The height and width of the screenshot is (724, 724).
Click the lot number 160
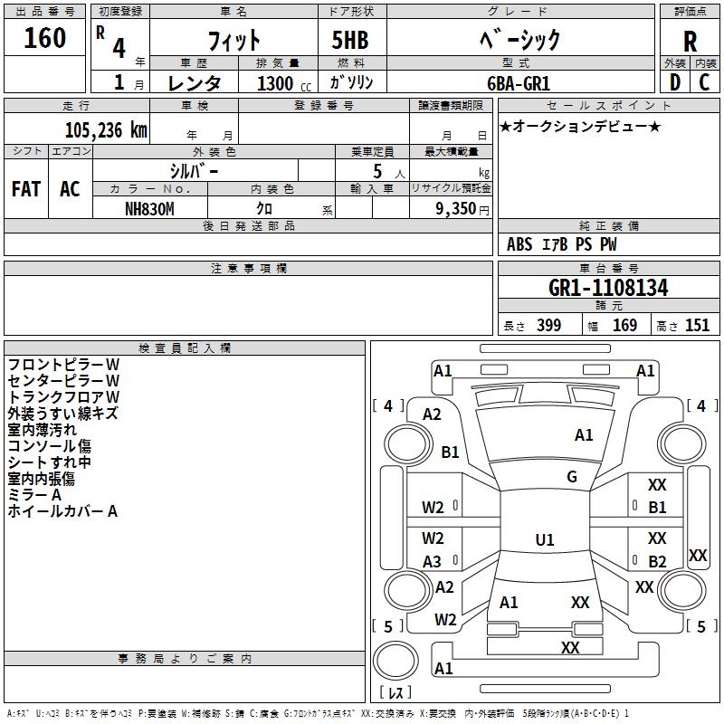(45, 38)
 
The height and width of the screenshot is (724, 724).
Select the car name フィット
(234, 39)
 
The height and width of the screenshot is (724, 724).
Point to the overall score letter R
(690, 41)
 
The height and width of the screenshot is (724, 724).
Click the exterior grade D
(674, 81)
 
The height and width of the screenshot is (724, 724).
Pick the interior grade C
(704, 81)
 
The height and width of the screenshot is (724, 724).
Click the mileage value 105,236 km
(105, 129)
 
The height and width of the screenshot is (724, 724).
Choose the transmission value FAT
(25, 189)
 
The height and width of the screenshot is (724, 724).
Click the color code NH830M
(150, 208)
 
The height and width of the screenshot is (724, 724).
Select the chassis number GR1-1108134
(608, 289)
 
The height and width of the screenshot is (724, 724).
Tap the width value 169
(624, 326)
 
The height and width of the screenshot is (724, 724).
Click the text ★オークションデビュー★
(580, 126)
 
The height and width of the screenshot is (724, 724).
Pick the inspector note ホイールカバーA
(62, 511)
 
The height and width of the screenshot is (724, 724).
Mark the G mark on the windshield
(572, 477)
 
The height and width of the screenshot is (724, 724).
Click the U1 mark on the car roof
(545, 540)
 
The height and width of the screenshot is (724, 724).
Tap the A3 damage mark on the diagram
(433, 561)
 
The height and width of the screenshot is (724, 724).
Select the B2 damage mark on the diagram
(657, 561)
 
